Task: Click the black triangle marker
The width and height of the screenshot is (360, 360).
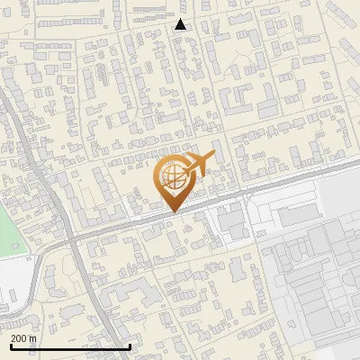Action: pyautogui.click(x=181, y=24)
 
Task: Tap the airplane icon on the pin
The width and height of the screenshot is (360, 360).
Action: pyautogui.click(x=200, y=162)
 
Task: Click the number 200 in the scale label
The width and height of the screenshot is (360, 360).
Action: pyautogui.click(x=19, y=337)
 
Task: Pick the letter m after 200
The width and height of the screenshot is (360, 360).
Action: pyautogui.click(x=33, y=337)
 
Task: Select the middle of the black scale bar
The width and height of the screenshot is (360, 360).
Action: pyautogui.click(x=70, y=346)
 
